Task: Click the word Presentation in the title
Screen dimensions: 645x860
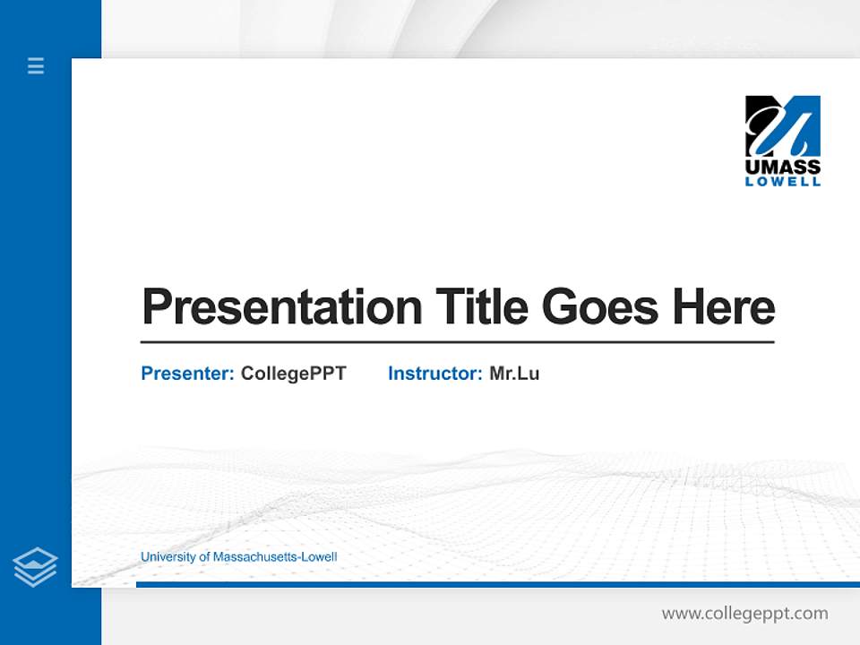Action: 282,307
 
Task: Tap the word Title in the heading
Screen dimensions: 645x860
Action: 481,307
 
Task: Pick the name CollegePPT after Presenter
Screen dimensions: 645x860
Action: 293,374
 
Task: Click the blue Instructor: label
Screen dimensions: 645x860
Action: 435,374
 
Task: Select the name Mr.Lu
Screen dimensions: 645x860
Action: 514,374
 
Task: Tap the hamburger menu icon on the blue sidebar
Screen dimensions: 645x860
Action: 36,65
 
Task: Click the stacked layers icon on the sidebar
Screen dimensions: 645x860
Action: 35,567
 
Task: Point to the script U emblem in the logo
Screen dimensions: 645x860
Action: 783,125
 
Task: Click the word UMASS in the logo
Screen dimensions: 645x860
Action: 783,167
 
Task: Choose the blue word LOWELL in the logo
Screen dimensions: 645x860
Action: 783,181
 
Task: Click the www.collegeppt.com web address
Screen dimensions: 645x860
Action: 744,614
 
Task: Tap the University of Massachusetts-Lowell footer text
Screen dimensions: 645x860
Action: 238,557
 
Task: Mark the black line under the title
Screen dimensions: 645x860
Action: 457,342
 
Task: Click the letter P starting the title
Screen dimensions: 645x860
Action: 156,307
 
